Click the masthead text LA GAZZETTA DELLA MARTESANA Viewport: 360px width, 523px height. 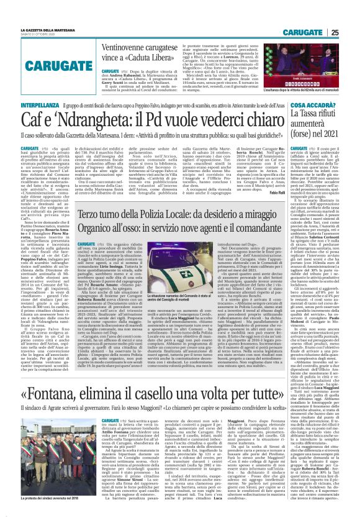pos(48,29)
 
